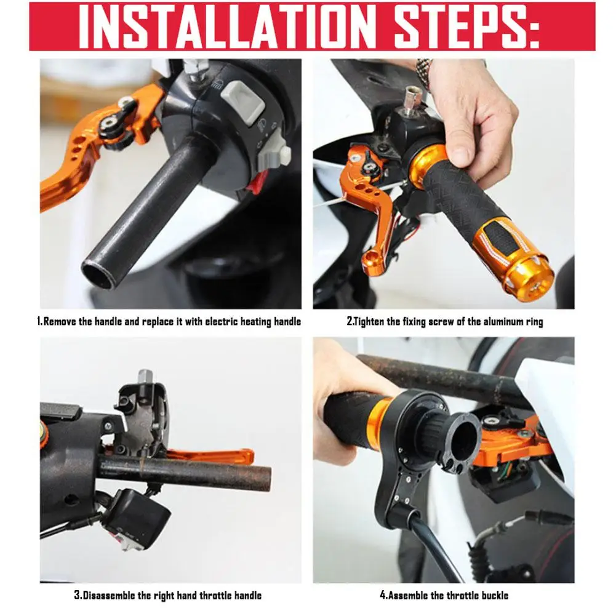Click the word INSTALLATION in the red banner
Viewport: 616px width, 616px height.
pos(225,26)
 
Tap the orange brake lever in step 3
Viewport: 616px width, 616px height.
pos(212,456)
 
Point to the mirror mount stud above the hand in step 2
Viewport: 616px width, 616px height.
pos(410,100)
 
